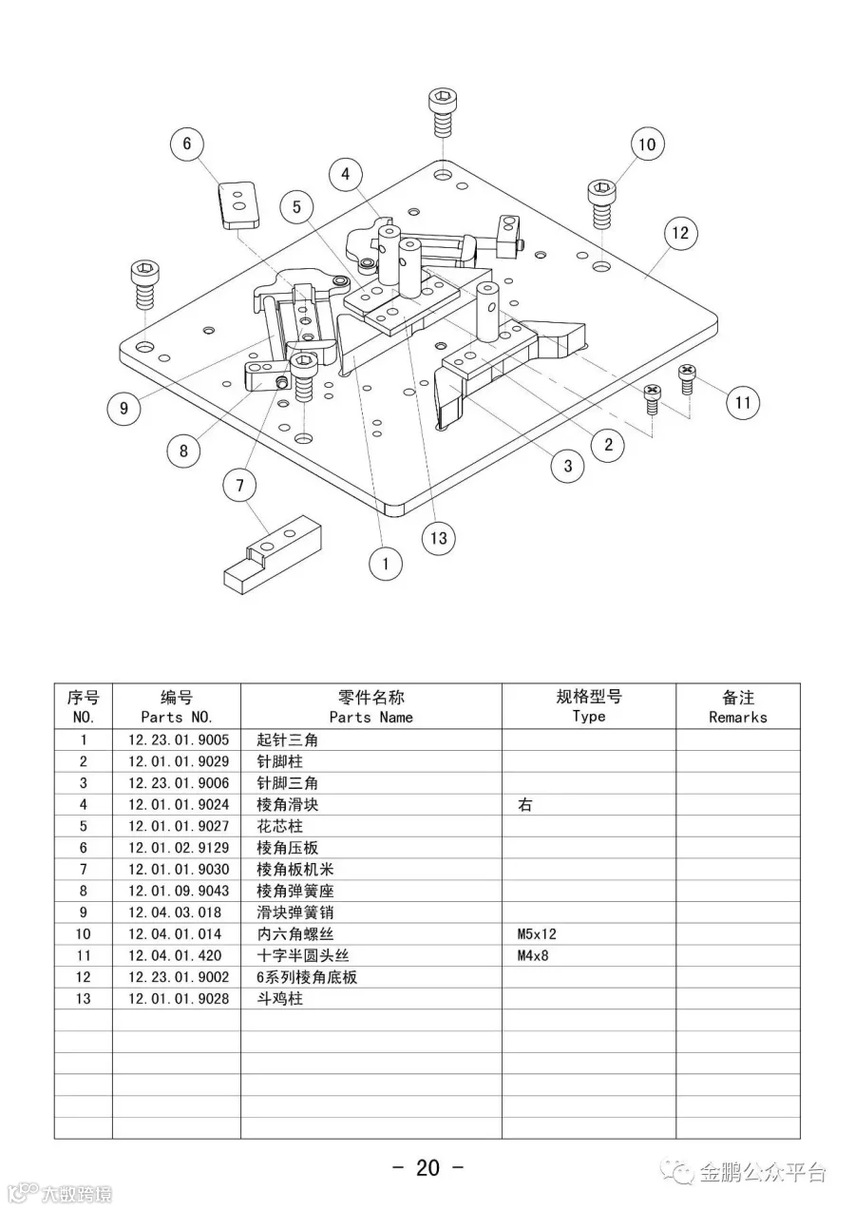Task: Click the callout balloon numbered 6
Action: (187, 144)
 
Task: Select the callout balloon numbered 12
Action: (679, 233)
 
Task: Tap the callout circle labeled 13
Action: (438, 538)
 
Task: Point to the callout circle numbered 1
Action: (386, 564)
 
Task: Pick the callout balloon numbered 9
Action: (123, 409)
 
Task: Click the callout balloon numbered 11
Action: (743, 402)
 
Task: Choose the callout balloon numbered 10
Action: (647, 144)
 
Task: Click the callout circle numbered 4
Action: (346, 174)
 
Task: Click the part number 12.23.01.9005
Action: (178, 739)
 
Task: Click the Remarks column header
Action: (737, 707)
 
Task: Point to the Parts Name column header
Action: (371, 707)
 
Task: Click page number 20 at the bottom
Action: (427, 1167)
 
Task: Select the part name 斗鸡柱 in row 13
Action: (279, 999)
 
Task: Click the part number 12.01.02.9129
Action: (178, 848)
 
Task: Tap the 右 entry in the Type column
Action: (524, 805)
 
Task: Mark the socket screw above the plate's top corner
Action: (442, 111)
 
